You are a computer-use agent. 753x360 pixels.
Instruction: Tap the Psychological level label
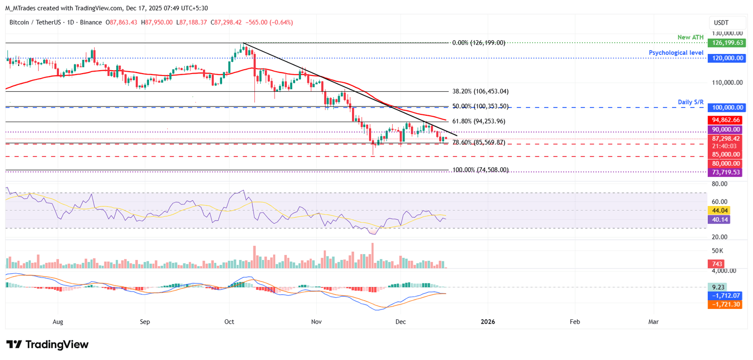(x=676, y=52)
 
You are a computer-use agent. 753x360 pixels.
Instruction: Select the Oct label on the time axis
(x=229, y=322)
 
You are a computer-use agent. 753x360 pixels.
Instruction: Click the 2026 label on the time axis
(x=488, y=322)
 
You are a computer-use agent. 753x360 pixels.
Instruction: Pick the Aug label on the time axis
(x=58, y=322)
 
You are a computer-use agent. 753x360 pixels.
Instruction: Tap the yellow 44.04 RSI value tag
(x=718, y=210)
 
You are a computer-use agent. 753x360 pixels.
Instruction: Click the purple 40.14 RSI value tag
(x=718, y=220)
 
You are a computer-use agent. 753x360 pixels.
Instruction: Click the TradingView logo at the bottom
(x=48, y=344)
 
